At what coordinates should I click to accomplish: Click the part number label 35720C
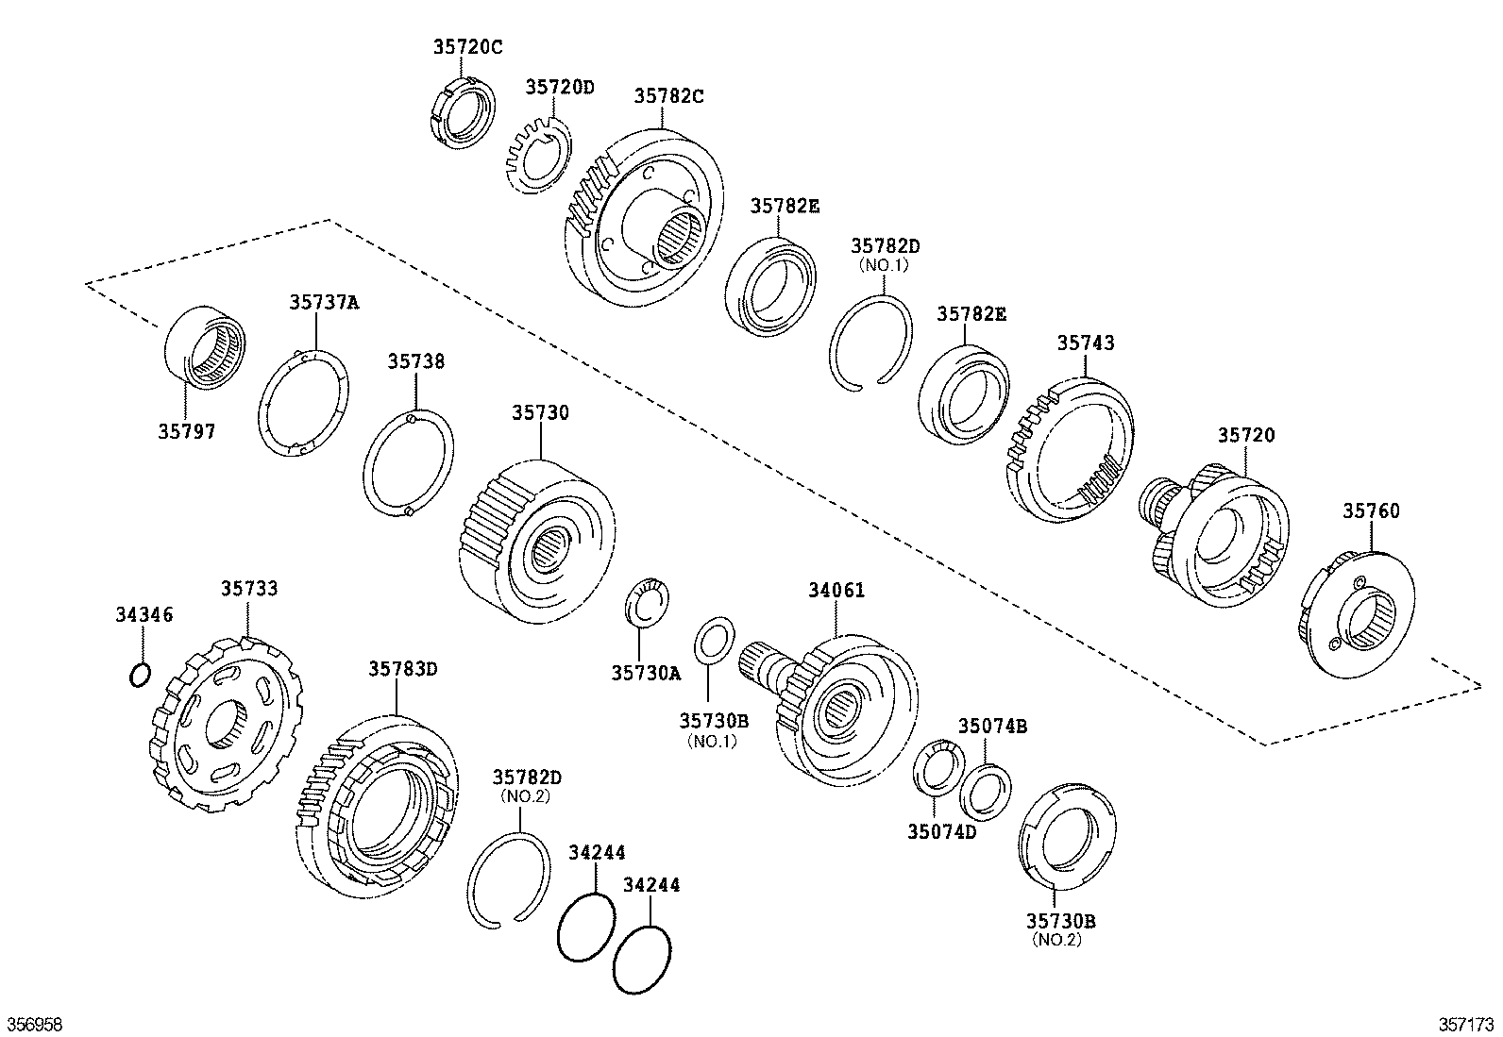[467, 44]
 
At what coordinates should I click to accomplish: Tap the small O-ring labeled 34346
[138, 675]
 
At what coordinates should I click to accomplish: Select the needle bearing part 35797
[205, 345]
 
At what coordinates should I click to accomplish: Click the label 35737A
[324, 302]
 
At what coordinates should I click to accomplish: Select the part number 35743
[1085, 343]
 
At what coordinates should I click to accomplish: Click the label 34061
[836, 590]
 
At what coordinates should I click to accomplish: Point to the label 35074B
[992, 726]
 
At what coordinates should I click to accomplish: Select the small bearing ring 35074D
[937, 769]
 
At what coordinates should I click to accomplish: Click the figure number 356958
[35, 1025]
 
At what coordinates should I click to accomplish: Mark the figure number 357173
[1467, 1025]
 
